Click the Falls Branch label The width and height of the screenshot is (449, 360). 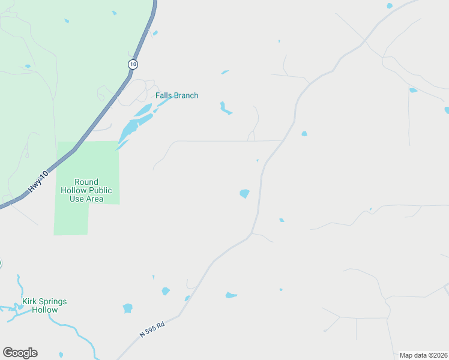coord(176,95)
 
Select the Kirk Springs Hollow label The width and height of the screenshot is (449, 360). coord(44,305)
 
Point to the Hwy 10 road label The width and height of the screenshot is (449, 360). coord(37,182)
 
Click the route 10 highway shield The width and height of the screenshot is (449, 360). coord(133,64)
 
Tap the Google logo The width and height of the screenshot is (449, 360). coord(20,353)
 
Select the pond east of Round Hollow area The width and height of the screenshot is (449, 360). coord(244,193)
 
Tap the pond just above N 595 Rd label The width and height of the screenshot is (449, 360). coord(127,308)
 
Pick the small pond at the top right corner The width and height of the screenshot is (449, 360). coord(390,6)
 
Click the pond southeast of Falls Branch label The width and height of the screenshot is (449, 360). coord(224,108)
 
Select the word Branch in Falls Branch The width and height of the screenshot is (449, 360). coord(186,95)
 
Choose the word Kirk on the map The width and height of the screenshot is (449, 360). coord(30,301)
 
